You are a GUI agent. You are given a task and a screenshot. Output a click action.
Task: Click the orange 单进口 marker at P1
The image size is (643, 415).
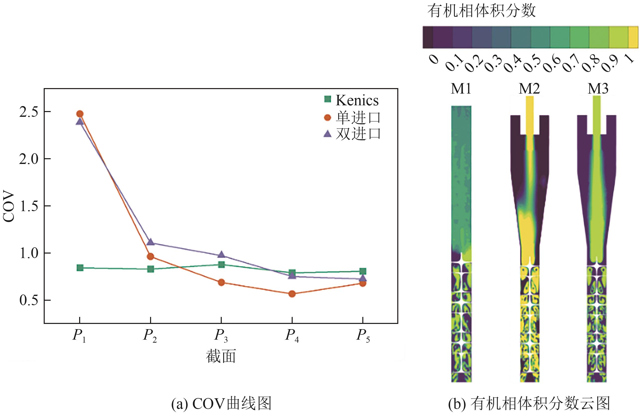(x=80, y=114)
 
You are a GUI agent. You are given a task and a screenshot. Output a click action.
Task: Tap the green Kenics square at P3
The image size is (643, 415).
(x=221, y=264)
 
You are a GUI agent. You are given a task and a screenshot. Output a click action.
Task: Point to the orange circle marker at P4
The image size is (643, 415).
(x=292, y=294)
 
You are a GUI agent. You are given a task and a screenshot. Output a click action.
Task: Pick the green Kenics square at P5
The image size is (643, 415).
(x=363, y=271)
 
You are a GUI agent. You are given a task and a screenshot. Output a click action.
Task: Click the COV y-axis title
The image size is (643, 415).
(x=9, y=206)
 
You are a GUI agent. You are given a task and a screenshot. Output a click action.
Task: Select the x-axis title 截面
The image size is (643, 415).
(x=221, y=356)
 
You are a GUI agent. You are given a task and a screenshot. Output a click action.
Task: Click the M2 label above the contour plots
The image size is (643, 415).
(x=529, y=89)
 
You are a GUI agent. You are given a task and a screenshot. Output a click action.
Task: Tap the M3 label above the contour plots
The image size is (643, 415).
(x=598, y=89)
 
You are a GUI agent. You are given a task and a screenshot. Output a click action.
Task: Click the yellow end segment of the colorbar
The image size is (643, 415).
(x=633, y=37)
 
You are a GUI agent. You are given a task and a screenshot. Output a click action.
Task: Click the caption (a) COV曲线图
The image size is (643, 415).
(x=221, y=404)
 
